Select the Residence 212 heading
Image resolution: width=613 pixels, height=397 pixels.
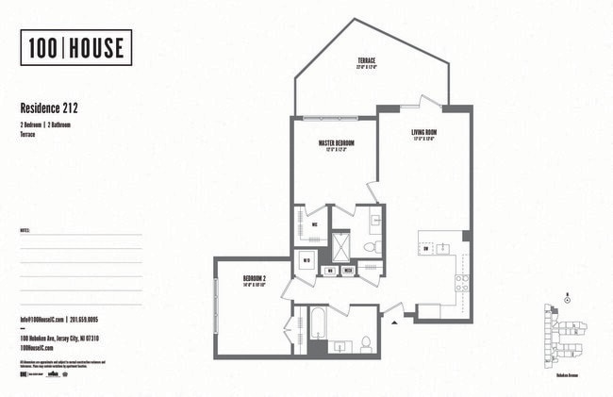coord(56,108)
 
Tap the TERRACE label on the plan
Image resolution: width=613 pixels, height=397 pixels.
coord(368,62)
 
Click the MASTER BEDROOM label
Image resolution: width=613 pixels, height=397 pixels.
coord(336,144)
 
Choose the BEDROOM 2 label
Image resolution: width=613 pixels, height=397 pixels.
coord(255,279)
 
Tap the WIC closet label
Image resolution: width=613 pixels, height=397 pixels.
coord(313,225)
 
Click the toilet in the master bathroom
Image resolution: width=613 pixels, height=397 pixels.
coord(371,247)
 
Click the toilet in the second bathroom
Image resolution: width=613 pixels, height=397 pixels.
coord(365,343)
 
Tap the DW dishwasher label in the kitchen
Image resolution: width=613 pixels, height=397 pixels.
coord(428,249)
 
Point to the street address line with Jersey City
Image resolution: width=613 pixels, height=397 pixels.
coord(59,338)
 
